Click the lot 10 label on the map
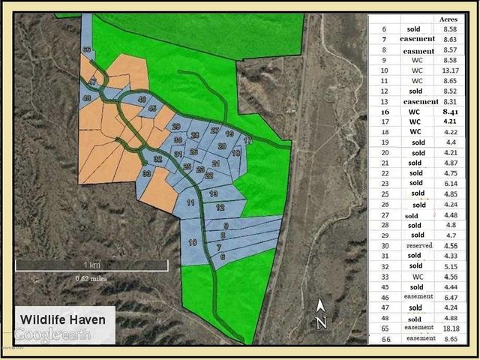click(x=192, y=242)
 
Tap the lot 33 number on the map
click(x=146, y=173)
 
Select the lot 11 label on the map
click(x=191, y=203)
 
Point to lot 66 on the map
click(x=87, y=50)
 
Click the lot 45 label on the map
click(x=152, y=109)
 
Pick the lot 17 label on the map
click(x=248, y=140)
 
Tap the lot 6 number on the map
click(x=223, y=256)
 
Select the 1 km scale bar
click(x=91, y=265)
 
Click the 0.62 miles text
click(x=90, y=279)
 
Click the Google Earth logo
click(x=52, y=334)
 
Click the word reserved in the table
click(x=419, y=244)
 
